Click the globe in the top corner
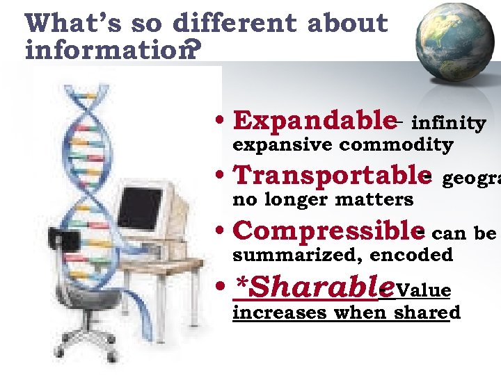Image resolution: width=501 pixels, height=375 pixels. [x=452, y=41]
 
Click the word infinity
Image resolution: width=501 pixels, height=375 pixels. [x=449, y=124]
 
